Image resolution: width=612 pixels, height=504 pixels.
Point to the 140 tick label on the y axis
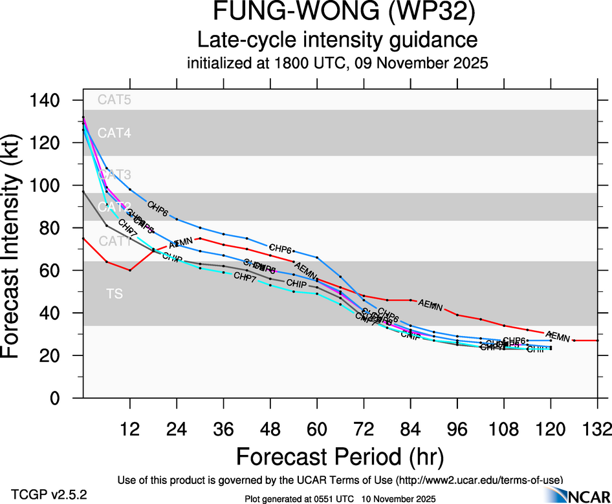click(48, 101)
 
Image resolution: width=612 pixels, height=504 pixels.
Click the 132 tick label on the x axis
click(597, 428)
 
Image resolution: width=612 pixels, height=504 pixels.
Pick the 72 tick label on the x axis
click(364, 428)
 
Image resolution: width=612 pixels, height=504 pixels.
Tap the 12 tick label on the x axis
click(130, 428)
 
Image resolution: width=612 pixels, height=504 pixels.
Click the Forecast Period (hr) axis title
click(340, 456)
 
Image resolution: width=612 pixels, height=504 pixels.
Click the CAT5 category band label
click(114, 100)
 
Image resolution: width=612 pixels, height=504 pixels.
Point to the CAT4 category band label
click(114, 134)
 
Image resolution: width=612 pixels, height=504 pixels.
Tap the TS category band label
click(114, 295)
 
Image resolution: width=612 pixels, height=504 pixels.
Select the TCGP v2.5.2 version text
click(49, 494)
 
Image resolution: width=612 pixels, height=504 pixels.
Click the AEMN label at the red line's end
click(558, 336)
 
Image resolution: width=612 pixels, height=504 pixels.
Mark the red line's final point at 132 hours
click(597, 341)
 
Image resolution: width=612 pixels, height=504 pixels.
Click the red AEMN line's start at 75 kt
click(83, 238)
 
